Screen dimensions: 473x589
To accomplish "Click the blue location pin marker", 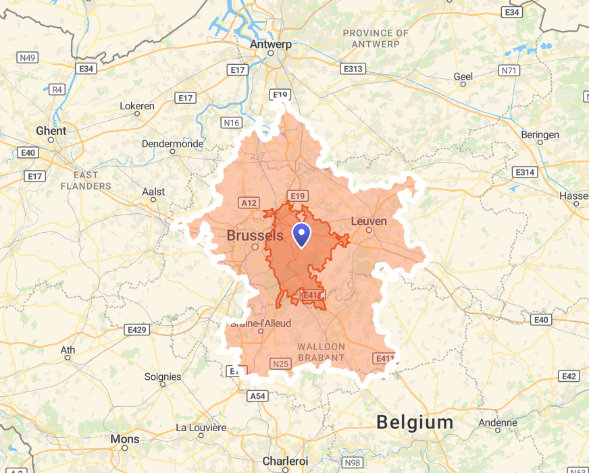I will pos(301,234).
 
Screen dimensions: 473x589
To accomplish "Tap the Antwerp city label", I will pos(270,45).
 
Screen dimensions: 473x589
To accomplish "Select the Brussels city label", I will pos(255,235).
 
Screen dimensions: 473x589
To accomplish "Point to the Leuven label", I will pos(369,221).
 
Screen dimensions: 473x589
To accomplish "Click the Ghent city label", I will pos(51,130).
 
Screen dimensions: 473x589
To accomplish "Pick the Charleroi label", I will pos(285,461).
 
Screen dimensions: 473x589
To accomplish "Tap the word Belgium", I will pos(415,422).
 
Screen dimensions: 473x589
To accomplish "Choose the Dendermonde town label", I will pos(172,144).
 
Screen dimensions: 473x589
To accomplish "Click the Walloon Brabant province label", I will pos(321,352).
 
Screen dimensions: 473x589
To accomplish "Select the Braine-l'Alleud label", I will pos(261,323).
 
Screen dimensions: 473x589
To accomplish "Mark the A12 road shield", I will pos(249,202).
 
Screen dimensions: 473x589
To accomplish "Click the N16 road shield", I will pos(231,122).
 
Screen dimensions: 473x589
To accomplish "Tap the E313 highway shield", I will pos(353,69).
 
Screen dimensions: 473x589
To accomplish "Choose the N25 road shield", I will pos(281,364).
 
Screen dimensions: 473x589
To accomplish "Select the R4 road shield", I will pos(57,89).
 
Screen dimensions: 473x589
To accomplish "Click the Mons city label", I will pos(124,439).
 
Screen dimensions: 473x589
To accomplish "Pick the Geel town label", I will pos(463,77).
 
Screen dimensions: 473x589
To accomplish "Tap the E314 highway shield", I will pos(524,173).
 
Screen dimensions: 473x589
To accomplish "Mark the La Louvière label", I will pos(201,427).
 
